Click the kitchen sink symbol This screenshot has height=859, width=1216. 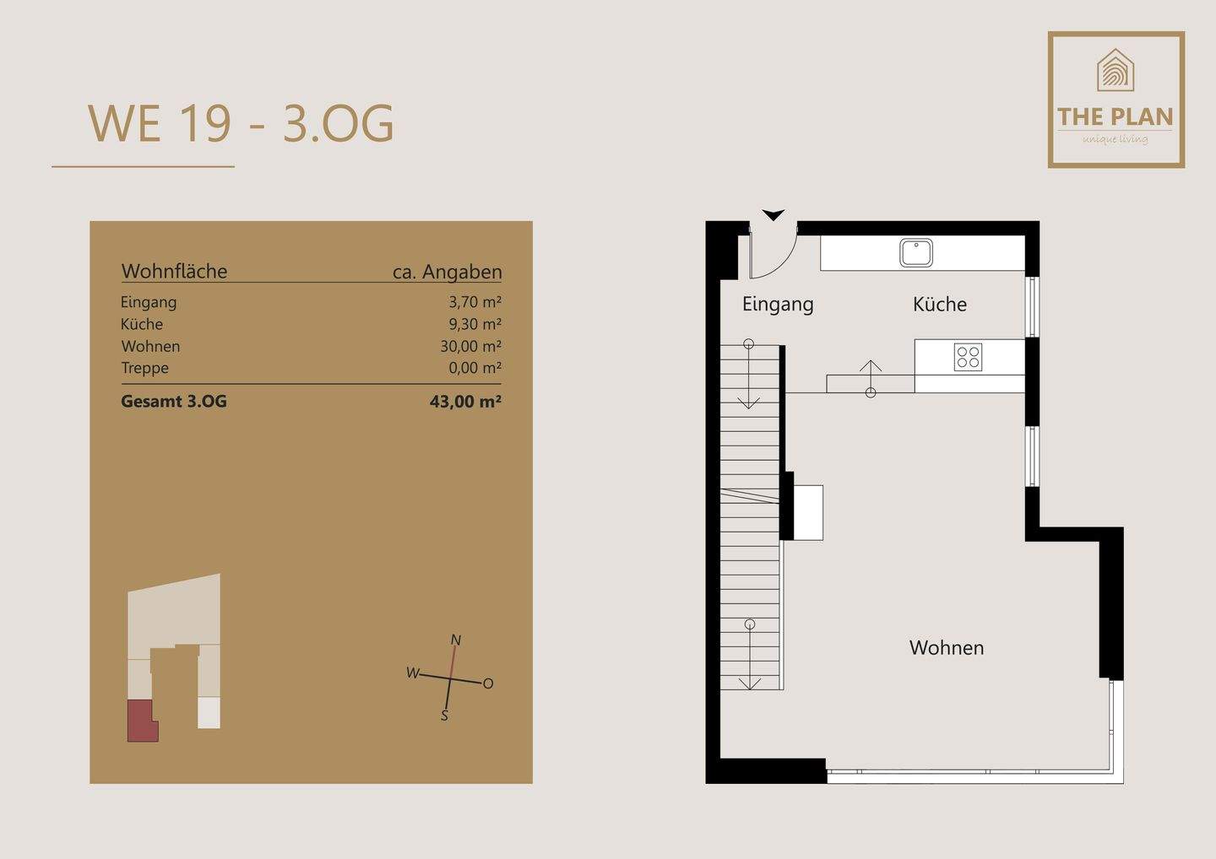[x=915, y=252]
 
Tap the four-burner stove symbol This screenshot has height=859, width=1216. [x=968, y=358]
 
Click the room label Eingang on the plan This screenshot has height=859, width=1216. [x=778, y=305]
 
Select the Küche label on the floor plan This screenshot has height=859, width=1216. [x=940, y=304]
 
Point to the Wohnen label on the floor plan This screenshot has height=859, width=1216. [x=946, y=647]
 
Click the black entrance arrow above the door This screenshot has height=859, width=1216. [x=773, y=214]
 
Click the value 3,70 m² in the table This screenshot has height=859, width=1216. [x=475, y=302]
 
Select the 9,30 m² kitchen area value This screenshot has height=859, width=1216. [x=475, y=324]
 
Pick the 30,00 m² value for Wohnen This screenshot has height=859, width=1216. [x=470, y=346]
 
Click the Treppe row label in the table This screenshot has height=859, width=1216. [x=144, y=368]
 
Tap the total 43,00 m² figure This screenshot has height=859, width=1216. [x=465, y=402]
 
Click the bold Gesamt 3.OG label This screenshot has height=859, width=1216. [x=174, y=402]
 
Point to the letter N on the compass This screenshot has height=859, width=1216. [x=456, y=640]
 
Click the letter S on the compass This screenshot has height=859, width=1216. [x=444, y=716]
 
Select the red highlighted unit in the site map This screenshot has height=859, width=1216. [x=141, y=720]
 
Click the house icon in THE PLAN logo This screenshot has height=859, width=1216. [x=1115, y=70]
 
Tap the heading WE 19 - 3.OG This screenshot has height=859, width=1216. [x=241, y=124]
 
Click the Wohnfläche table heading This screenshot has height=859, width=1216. [x=174, y=271]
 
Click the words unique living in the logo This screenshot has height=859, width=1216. [x=1115, y=139]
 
